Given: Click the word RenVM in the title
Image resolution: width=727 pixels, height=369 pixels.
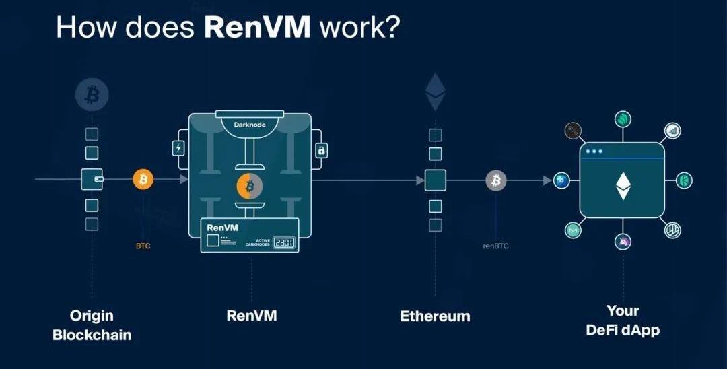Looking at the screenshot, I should click(257, 27).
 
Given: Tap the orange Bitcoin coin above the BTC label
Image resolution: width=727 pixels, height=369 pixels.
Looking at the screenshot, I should click(143, 179).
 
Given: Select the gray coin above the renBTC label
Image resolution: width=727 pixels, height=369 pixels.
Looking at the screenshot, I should click(496, 180).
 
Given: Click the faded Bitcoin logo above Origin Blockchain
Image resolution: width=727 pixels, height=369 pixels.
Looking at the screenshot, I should click(92, 95).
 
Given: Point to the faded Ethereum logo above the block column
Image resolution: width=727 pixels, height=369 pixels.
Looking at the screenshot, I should click(434, 93).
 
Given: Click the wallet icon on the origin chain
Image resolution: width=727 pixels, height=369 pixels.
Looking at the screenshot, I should click(92, 179).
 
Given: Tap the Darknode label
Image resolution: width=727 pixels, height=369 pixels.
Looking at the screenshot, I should click(250, 125).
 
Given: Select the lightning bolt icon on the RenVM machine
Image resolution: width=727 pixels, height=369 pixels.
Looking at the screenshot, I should click(178, 148).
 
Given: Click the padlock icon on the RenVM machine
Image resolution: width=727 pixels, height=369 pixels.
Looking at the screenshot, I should click(321, 150).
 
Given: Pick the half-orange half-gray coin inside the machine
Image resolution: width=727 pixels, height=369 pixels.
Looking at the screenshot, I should click(250, 186).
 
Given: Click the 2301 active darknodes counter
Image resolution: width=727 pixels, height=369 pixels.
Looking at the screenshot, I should click(283, 242).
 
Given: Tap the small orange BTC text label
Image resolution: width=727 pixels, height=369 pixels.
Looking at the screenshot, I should click(143, 246).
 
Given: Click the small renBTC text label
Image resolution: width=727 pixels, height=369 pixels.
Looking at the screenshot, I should click(496, 246).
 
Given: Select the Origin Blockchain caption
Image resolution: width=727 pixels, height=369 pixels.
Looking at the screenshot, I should click(92, 325).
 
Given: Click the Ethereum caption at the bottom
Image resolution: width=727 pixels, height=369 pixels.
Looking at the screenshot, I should click(435, 316).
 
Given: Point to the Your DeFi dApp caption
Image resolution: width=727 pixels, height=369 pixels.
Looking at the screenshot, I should click(623, 321).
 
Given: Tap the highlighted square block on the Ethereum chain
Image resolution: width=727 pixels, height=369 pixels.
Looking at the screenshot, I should click(435, 180).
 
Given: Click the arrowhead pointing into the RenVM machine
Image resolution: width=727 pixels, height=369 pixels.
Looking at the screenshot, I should click(184, 180).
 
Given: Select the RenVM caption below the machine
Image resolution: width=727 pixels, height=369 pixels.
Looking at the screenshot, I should click(252, 315).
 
